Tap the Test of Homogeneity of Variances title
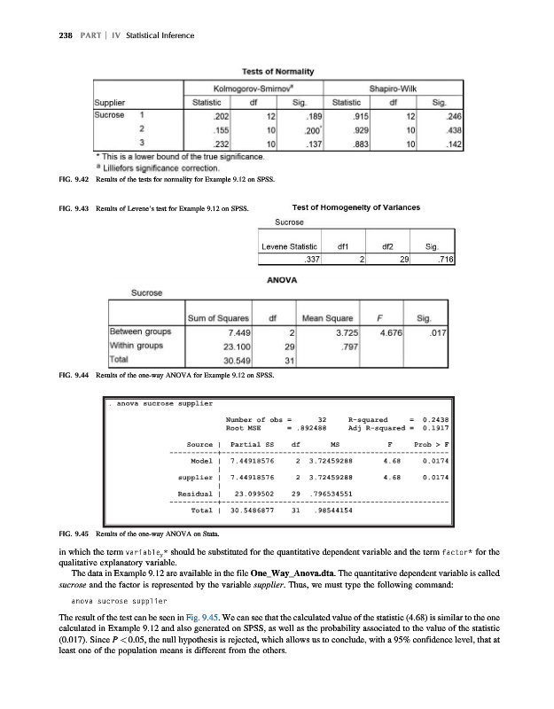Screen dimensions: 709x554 pyautogui.click(x=354, y=209)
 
